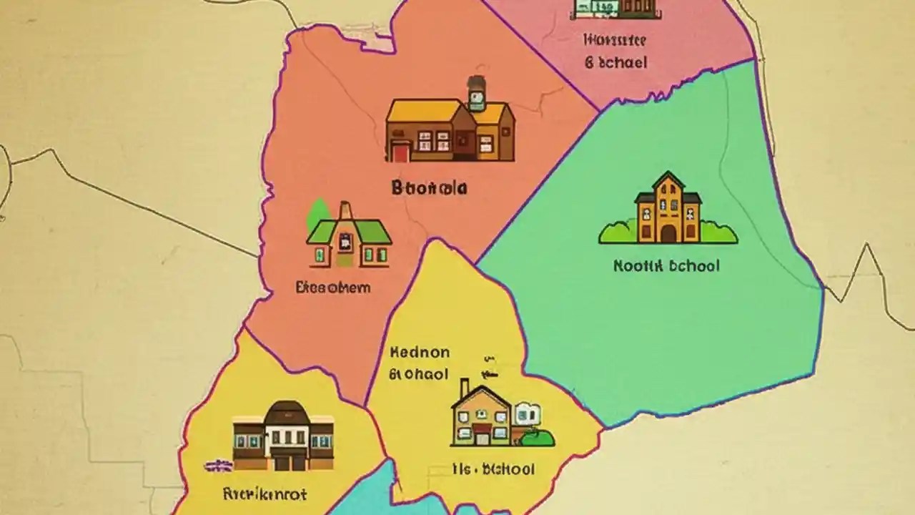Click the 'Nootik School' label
666,266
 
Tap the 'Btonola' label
429,188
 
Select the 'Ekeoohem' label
333,288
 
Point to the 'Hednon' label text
420,352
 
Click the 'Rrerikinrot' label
264,494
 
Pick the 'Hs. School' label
493,469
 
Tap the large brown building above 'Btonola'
450,129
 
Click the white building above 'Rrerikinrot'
283,436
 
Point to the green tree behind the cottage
318,213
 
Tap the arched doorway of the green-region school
668,234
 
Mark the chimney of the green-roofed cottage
345,212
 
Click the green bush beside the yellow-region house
537,437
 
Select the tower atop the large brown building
477,94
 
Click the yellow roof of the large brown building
423,111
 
